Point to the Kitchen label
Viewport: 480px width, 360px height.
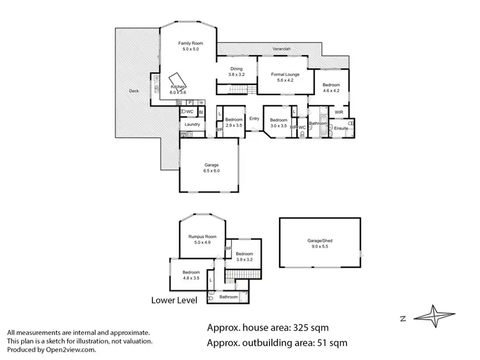178,86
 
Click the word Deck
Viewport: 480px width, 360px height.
134,91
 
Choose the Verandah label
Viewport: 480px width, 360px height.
280,49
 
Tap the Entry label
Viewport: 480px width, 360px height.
254,118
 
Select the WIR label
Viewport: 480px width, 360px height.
339,113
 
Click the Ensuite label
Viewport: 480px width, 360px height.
340,129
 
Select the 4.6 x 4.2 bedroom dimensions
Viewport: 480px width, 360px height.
331,91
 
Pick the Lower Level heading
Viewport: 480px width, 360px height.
173,300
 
